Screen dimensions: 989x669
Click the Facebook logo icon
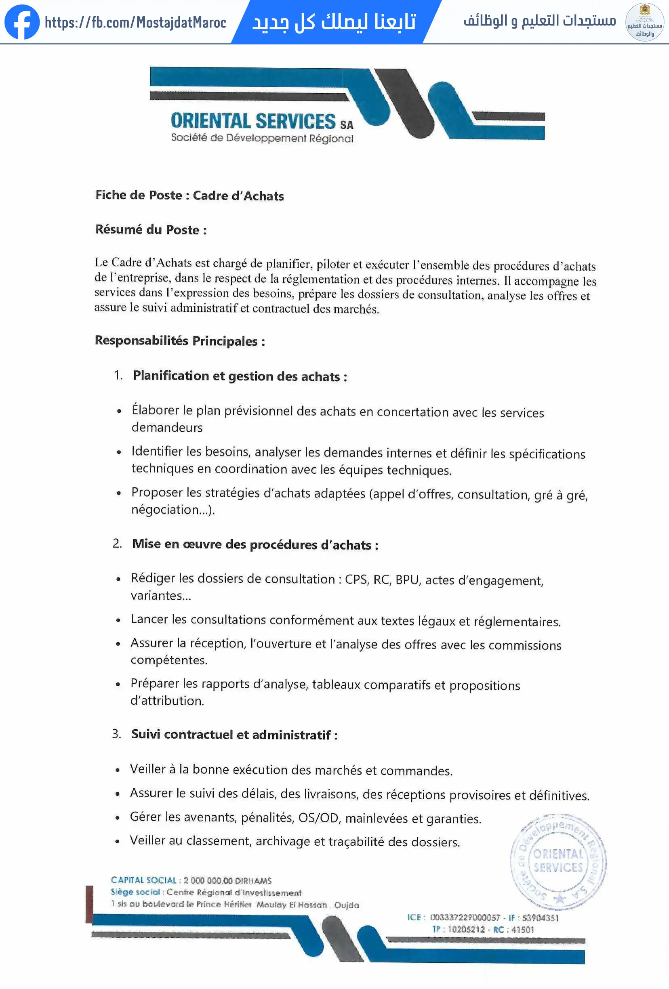coord(22,22)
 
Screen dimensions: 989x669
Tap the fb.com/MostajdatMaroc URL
coord(135,22)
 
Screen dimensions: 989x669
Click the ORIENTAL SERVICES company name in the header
coord(253,121)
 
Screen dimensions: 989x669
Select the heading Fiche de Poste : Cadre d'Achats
coord(189,195)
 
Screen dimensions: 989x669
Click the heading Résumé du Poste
coord(151,229)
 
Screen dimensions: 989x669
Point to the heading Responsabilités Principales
coord(179,340)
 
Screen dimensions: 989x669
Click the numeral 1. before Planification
coord(118,375)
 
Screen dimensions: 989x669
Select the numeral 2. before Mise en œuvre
coord(117,544)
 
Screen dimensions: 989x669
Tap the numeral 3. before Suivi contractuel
coord(117,733)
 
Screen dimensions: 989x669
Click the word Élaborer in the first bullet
coord(156,410)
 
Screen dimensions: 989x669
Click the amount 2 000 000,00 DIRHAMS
coord(227,880)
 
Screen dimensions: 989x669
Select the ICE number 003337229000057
coord(465,918)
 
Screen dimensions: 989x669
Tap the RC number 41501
coord(522,929)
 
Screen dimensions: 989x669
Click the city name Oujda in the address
coord(347,905)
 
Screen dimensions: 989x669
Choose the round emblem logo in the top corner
coord(644,22)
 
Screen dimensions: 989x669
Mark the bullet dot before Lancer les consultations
coord(118,620)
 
